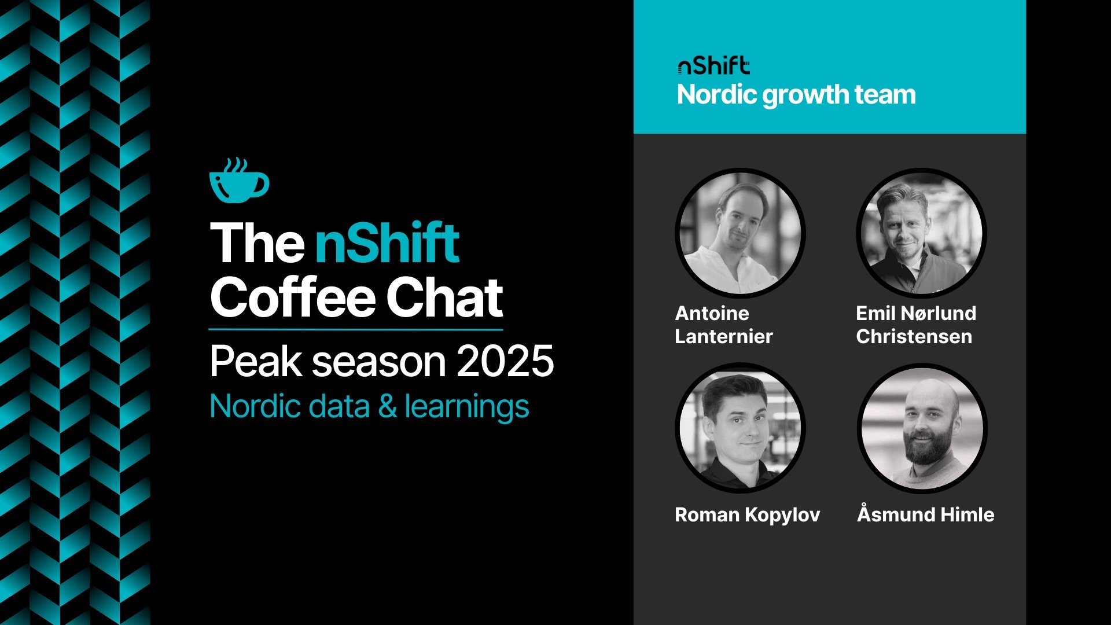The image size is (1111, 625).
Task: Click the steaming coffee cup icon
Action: (x=238, y=181)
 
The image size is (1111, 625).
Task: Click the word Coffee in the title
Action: (x=292, y=297)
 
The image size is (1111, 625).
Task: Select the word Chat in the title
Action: (x=444, y=297)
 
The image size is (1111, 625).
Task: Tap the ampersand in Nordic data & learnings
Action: (x=387, y=406)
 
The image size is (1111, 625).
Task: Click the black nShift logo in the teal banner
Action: (x=713, y=67)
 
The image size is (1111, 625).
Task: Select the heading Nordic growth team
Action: (x=796, y=95)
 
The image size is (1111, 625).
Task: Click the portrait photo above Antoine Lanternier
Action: (x=740, y=233)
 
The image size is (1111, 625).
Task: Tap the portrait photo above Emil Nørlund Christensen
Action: (x=921, y=233)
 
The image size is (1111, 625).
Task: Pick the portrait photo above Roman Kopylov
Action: (x=740, y=428)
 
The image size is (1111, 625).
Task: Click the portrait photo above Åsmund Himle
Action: (x=922, y=428)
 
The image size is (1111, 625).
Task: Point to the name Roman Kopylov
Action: (x=747, y=514)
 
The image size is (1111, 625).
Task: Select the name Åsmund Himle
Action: (x=925, y=514)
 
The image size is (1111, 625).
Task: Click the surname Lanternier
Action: (x=723, y=336)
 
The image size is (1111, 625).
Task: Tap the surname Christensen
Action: (x=914, y=336)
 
